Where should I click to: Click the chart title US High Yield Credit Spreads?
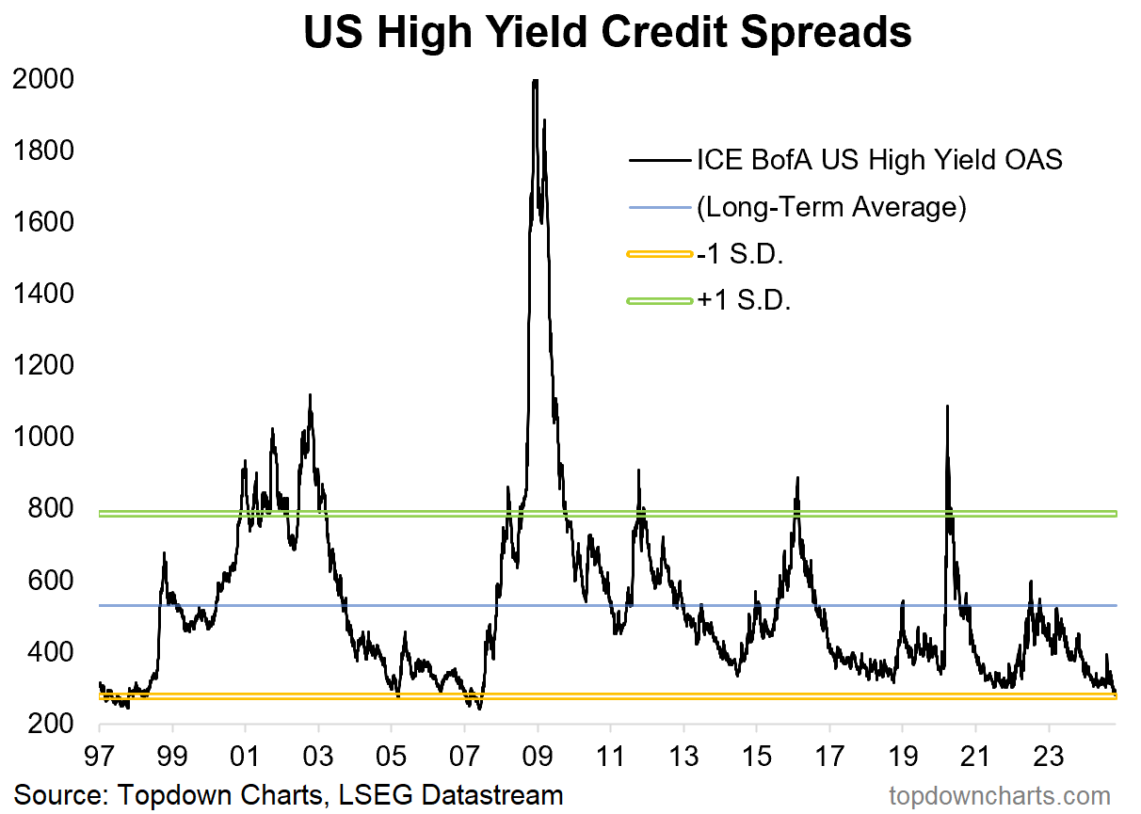click(x=607, y=33)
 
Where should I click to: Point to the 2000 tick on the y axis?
click(x=43, y=80)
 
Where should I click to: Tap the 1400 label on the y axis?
click(x=43, y=295)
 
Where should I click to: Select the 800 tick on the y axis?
click(x=52, y=509)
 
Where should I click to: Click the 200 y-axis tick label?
click(x=52, y=724)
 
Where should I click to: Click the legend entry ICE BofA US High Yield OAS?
click(x=879, y=160)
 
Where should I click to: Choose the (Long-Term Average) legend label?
click(x=831, y=207)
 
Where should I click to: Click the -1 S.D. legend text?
click(x=743, y=254)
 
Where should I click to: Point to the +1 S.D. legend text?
click(x=745, y=301)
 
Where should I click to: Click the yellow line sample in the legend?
click(x=658, y=254)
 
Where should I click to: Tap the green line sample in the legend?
click(x=658, y=301)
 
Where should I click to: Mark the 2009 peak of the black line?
click(x=536, y=81)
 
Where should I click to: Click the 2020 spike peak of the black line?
click(x=947, y=407)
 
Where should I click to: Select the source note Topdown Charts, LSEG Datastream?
click(x=288, y=794)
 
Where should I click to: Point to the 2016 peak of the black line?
click(x=797, y=478)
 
